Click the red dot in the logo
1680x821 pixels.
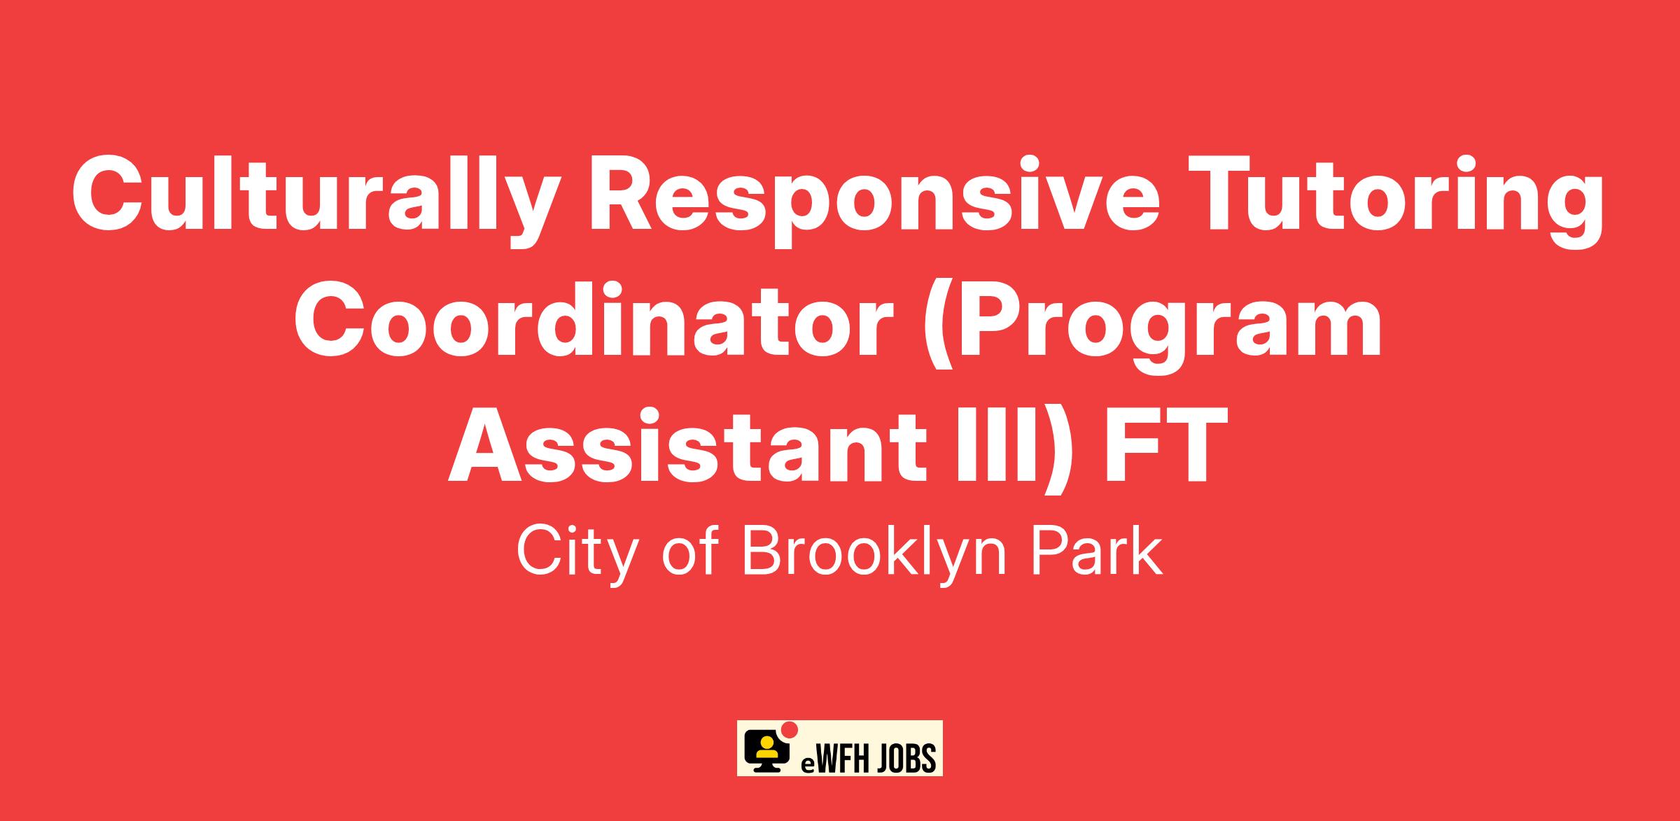coord(790,730)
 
